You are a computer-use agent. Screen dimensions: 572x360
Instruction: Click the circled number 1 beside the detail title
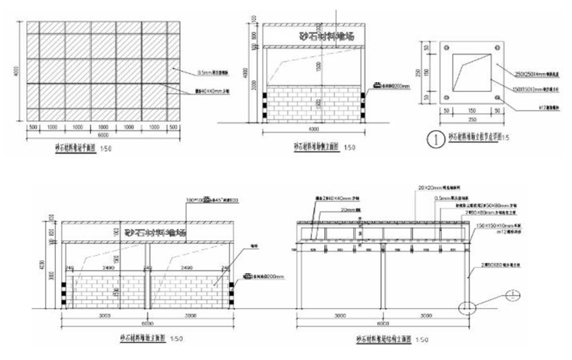point(434,138)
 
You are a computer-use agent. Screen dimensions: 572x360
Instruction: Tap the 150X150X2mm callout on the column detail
point(526,87)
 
